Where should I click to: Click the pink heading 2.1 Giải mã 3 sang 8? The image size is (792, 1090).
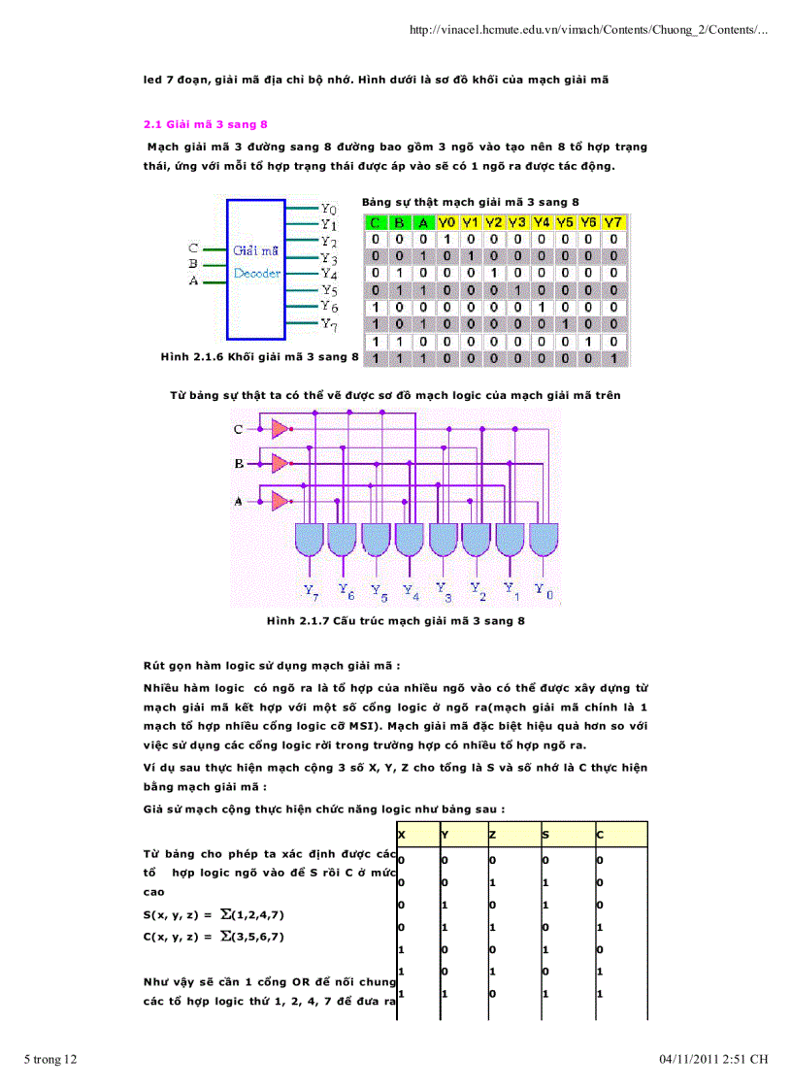(x=205, y=125)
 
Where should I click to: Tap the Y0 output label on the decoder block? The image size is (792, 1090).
(x=328, y=209)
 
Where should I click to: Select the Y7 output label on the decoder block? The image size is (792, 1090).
(x=329, y=324)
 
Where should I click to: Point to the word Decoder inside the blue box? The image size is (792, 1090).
(x=257, y=274)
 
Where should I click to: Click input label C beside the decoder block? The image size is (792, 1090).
(x=193, y=248)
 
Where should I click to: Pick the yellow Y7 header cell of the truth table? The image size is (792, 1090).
(x=612, y=223)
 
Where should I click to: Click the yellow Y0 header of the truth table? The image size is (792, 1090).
(x=446, y=223)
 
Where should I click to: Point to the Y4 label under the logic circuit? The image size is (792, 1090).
(x=411, y=588)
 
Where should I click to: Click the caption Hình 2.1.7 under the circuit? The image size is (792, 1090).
(x=396, y=620)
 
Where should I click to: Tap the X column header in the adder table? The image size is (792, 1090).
(x=402, y=835)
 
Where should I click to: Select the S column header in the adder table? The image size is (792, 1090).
(x=545, y=835)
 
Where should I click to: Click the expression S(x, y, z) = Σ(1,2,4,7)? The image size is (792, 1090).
(x=214, y=915)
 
